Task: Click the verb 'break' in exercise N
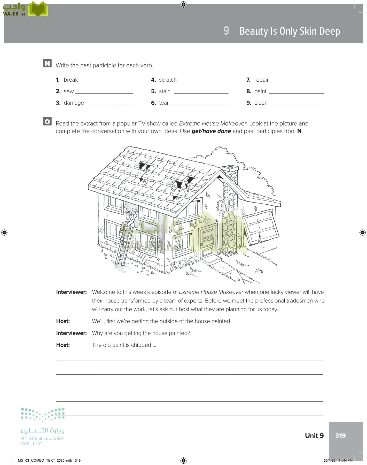pos(71,80)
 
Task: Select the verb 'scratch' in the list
pos(168,80)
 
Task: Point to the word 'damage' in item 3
pos(74,103)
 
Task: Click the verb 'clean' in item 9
pos(261,103)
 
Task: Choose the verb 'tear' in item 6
pos(164,103)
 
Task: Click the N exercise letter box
pos(47,63)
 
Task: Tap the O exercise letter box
pos(47,121)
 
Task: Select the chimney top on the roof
pos(230,168)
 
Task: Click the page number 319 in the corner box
pos(340,436)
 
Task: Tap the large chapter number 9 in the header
pos(226,31)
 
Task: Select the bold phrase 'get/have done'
pos(211,131)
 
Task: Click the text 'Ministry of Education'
pos(42,438)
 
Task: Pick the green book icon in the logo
pos(38,9)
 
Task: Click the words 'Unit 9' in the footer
pos(314,436)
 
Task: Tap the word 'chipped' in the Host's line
pos(141,345)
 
